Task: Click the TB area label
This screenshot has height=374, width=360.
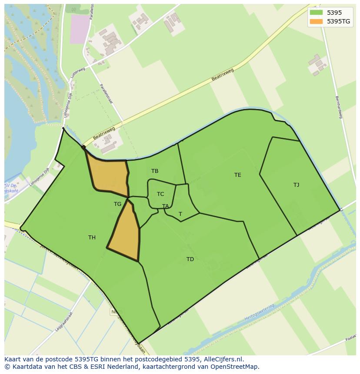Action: pyautogui.click(x=155, y=171)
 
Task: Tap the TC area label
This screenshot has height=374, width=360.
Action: pyautogui.click(x=160, y=194)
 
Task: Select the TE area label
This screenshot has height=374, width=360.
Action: pyautogui.click(x=237, y=175)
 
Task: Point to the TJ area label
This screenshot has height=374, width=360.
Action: pyautogui.click(x=296, y=185)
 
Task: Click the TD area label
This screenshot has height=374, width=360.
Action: pyautogui.click(x=190, y=259)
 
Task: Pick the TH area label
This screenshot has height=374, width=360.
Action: pyautogui.click(x=92, y=238)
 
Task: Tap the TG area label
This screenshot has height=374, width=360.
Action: pyautogui.click(x=117, y=204)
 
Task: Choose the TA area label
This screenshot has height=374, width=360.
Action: pyautogui.click(x=165, y=206)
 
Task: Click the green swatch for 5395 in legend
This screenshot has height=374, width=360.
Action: pyautogui.click(x=316, y=13)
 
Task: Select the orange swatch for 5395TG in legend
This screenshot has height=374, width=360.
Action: pyautogui.click(x=316, y=21)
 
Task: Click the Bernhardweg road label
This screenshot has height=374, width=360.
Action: pyautogui.click(x=339, y=107)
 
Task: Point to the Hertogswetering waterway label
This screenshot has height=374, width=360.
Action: pyautogui.click(x=260, y=312)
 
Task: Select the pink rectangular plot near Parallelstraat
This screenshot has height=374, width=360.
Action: pyautogui.click(x=79, y=29)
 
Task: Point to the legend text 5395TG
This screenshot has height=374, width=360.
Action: pyautogui.click(x=339, y=21)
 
